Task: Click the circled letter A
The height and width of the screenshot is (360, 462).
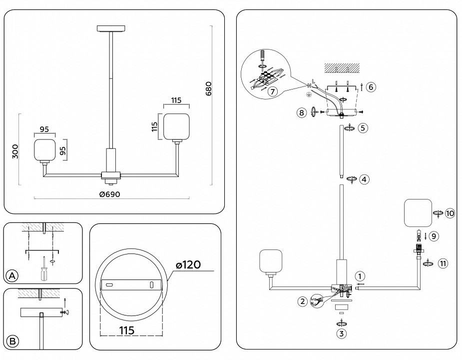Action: coord(12,275)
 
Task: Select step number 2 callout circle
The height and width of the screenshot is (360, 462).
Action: coord(302,301)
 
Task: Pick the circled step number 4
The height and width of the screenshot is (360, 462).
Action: coord(365,179)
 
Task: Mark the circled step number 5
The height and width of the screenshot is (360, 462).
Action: coord(363,128)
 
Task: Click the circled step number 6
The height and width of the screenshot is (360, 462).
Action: coord(370,86)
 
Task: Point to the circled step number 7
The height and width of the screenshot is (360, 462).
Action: coord(272,91)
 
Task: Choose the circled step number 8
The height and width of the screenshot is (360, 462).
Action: coord(301,112)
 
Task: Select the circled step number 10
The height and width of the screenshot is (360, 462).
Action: coord(450,213)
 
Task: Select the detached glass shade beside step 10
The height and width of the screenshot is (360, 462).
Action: coord(417,213)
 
